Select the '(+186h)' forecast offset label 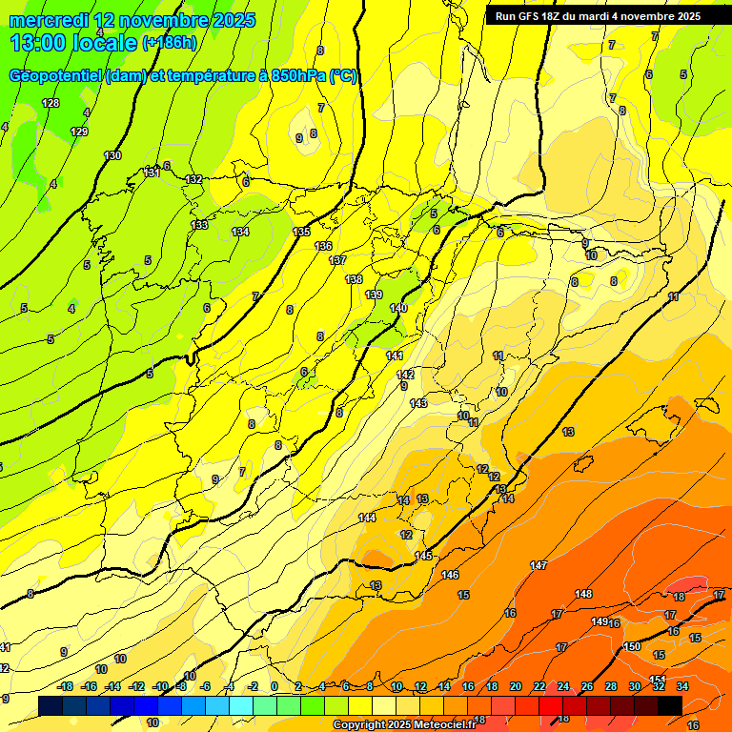tap(169, 43)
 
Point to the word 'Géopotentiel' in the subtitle tap(57, 76)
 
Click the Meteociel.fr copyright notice tap(402, 725)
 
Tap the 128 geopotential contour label tap(51, 103)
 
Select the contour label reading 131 tap(151, 173)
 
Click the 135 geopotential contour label tap(301, 232)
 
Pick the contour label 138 tap(354, 279)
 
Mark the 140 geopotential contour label tap(398, 308)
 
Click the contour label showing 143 tap(418, 403)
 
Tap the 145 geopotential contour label tap(424, 556)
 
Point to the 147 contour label tap(539, 566)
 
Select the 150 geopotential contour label tap(632, 646)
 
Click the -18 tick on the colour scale tap(65, 686)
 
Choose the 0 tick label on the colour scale tap(274, 686)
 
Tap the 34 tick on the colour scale tap(682, 686)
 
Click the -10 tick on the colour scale tap(159, 686)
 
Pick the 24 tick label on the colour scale tap(563, 686)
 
